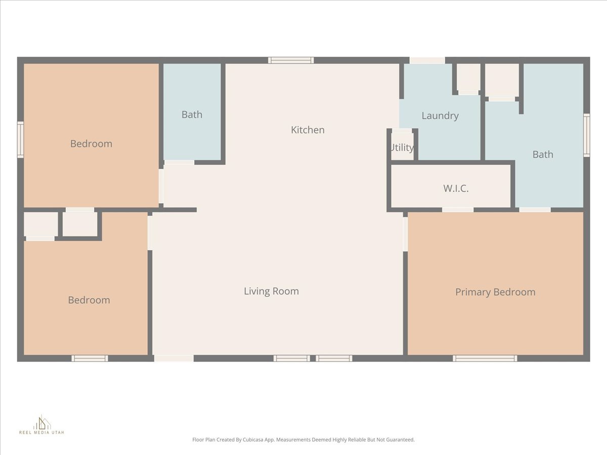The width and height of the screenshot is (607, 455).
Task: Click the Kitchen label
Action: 308,130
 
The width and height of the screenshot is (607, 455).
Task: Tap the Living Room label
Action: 271,291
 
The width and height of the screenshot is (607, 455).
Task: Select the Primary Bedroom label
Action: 495,292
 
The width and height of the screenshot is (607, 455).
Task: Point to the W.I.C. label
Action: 456,189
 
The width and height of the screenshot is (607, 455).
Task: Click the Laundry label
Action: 440,116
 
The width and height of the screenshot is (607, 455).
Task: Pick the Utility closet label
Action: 402,148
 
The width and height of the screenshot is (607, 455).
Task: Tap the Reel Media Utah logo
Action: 41,425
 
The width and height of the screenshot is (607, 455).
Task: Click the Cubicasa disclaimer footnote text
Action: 303,440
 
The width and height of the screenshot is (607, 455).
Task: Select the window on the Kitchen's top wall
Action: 291,60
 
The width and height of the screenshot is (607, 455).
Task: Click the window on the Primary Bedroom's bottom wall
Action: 485,358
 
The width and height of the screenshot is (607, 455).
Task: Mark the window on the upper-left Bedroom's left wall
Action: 20,140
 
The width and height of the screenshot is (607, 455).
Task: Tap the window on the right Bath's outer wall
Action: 587,135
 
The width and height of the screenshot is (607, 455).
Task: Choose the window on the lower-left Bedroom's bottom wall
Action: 90,358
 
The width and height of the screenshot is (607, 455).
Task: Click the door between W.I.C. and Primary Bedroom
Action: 458,210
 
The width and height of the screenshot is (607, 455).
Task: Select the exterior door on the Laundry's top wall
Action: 427,60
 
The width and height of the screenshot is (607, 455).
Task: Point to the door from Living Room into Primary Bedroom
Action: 405,234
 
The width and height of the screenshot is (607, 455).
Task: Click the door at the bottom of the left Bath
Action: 179,162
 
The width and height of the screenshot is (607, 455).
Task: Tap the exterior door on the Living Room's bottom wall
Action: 174,358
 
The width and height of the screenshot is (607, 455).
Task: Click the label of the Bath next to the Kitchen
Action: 192,115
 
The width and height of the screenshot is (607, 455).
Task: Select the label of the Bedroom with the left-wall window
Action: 91,144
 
